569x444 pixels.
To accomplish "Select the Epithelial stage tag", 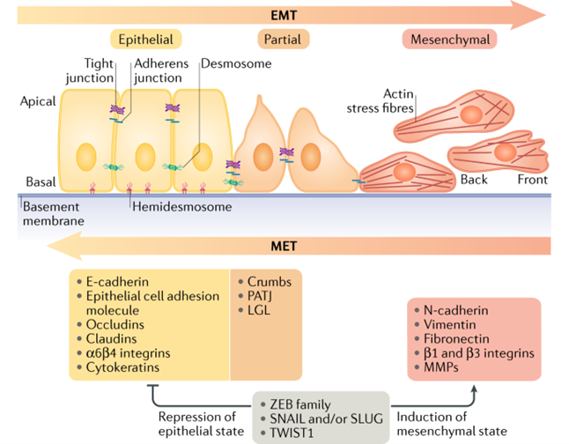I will tap(146, 40).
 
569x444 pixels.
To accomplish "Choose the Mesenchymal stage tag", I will tap(449, 40).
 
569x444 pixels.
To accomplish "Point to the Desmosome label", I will tap(235, 63).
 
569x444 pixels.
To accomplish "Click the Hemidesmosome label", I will tap(182, 207).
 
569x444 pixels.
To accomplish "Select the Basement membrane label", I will tap(52, 214).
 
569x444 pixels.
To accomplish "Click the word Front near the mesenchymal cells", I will tap(532, 180).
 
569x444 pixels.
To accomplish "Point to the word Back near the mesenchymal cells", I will tap(474, 180).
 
